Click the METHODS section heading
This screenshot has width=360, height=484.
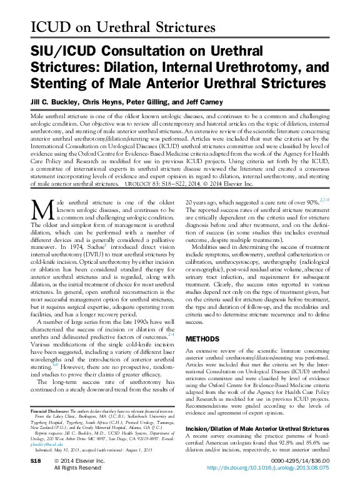pos(202,338)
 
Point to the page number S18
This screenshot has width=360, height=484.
pos(37,460)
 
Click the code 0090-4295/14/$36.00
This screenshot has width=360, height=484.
pos(297,460)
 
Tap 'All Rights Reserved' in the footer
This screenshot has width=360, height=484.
pos(78,467)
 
